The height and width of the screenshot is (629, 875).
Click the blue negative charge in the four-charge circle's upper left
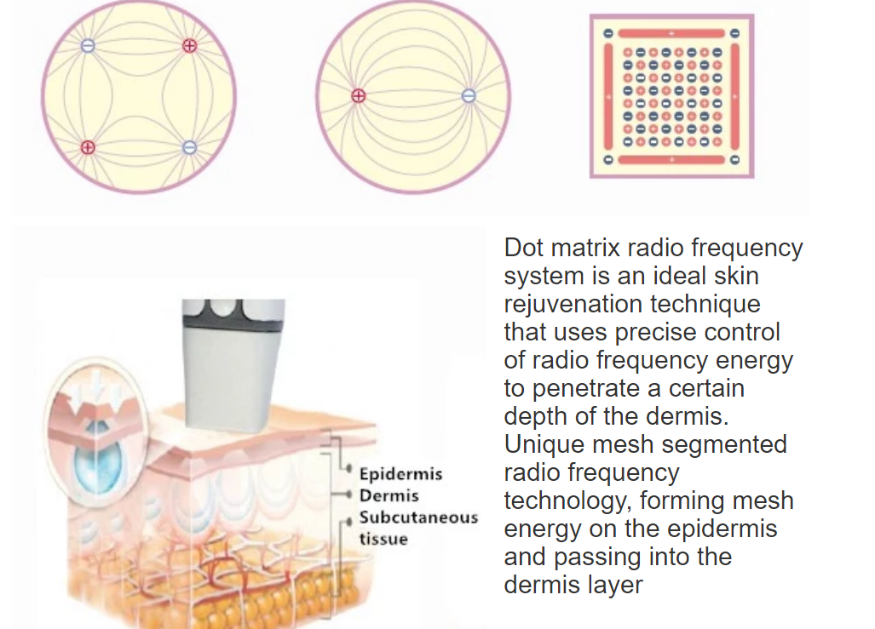click(88, 46)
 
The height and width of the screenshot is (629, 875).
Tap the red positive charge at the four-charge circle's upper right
click(190, 46)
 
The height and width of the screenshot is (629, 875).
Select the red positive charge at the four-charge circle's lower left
click(88, 147)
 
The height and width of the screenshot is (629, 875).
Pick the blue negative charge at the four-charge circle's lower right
click(190, 147)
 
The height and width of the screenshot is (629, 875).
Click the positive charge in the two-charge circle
click(358, 96)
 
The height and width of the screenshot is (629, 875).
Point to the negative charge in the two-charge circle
click(469, 96)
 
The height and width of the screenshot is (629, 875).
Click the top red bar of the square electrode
click(671, 33)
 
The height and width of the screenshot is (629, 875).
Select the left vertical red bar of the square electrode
click(609, 96)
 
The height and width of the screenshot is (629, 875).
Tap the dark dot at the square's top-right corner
click(735, 33)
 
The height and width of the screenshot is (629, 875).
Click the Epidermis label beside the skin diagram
click(400, 475)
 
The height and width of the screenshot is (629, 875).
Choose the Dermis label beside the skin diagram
click(389, 495)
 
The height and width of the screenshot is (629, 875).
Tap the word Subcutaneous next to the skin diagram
click(418, 517)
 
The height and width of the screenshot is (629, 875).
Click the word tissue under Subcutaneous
click(383, 539)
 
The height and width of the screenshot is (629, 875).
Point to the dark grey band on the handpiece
click(233, 315)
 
